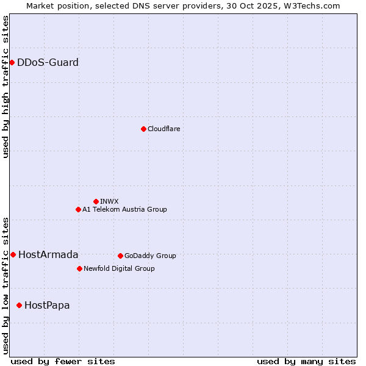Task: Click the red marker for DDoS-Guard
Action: tap(12, 62)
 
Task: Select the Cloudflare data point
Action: tap(143, 129)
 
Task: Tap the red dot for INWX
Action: tap(96, 201)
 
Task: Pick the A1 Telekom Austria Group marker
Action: tap(78, 209)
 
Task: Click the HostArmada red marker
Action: tap(13, 254)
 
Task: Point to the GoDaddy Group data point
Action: tap(120, 256)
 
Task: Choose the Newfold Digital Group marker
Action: tap(79, 268)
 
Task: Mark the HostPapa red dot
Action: tap(20, 305)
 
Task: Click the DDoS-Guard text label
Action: tap(48, 62)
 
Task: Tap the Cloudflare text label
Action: tap(163, 129)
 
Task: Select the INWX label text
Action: tap(109, 201)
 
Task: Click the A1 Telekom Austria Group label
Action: tap(124, 209)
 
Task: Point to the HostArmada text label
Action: tap(48, 254)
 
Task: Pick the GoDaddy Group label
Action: tap(150, 256)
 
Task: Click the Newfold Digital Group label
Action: tap(119, 268)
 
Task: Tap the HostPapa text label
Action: tap(47, 305)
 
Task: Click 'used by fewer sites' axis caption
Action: tap(63, 361)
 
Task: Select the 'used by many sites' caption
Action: tap(306, 361)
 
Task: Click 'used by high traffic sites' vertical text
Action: tap(5, 87)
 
